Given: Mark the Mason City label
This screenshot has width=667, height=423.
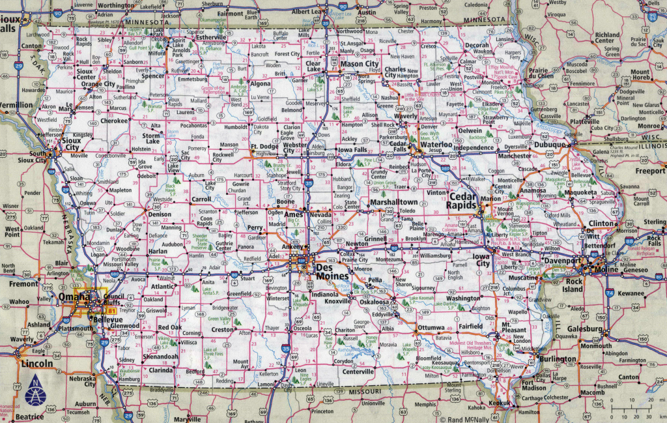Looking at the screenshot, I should pos(360,64).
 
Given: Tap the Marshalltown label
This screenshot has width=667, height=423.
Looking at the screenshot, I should pos(393,203).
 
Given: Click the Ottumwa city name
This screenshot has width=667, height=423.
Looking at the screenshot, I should pos(431,327).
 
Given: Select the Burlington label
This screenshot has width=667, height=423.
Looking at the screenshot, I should pos(557,359).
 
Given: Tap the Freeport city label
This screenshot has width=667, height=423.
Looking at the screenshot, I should pos(651,171).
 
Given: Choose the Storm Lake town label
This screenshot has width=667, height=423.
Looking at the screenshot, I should pos(152,138).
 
